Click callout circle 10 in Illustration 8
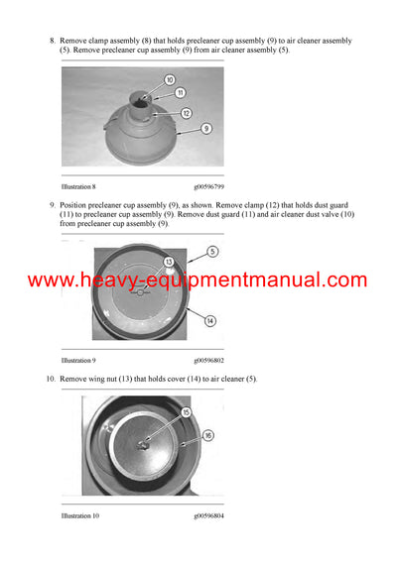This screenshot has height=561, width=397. coord(170,79)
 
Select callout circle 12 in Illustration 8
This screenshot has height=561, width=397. coord(186,113)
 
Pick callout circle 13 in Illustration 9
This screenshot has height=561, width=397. coord(170,262)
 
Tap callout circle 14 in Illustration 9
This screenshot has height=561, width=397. coord(210,320)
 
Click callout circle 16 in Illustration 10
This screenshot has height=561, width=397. coord(208,435)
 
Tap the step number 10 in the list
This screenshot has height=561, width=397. coord(50,380)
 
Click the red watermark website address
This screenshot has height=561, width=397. coord(198,280)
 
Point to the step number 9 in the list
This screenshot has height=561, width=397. coord(52,204)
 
